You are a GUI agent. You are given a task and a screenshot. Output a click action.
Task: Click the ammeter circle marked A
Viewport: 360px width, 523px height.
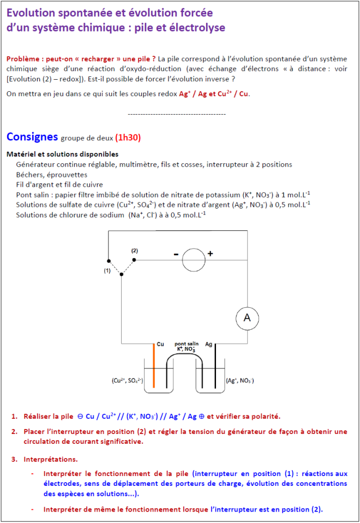point(247,318)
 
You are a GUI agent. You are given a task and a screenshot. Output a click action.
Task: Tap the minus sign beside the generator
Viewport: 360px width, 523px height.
point(176,254)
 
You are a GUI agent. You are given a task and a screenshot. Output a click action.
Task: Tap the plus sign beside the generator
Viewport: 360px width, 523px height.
point(210,253)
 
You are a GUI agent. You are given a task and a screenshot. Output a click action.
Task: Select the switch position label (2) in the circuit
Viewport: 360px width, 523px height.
point(134,251)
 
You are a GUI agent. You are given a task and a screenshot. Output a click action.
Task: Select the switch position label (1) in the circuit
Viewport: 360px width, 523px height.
point(107,270)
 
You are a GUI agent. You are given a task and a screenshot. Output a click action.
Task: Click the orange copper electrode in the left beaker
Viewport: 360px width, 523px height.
point(154,366)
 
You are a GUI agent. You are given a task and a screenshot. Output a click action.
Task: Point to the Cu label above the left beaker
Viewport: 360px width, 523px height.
point(160,344)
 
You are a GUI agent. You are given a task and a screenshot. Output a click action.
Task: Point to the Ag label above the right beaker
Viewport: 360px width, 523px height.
point(209,344)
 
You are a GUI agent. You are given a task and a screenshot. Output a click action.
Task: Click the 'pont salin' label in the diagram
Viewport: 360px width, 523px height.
point(186,344)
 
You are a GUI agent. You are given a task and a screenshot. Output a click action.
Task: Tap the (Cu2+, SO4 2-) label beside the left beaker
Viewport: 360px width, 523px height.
point(124,381)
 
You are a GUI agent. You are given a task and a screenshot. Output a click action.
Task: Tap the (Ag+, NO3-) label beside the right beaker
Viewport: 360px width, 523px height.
point(240,381)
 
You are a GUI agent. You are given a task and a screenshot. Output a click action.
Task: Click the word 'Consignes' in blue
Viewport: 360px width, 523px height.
point(32,136)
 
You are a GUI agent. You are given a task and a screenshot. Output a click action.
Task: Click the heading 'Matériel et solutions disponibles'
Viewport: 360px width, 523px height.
point(62,154)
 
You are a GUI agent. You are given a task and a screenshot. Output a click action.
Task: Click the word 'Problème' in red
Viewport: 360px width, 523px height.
point(23,58)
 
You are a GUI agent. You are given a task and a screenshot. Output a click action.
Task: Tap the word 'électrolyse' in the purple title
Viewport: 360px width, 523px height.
point(196,27)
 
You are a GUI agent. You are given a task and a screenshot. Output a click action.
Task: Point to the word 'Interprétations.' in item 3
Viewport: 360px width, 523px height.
point(50,459)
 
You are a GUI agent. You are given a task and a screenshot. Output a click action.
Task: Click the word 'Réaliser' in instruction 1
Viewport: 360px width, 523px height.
point(38,417)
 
